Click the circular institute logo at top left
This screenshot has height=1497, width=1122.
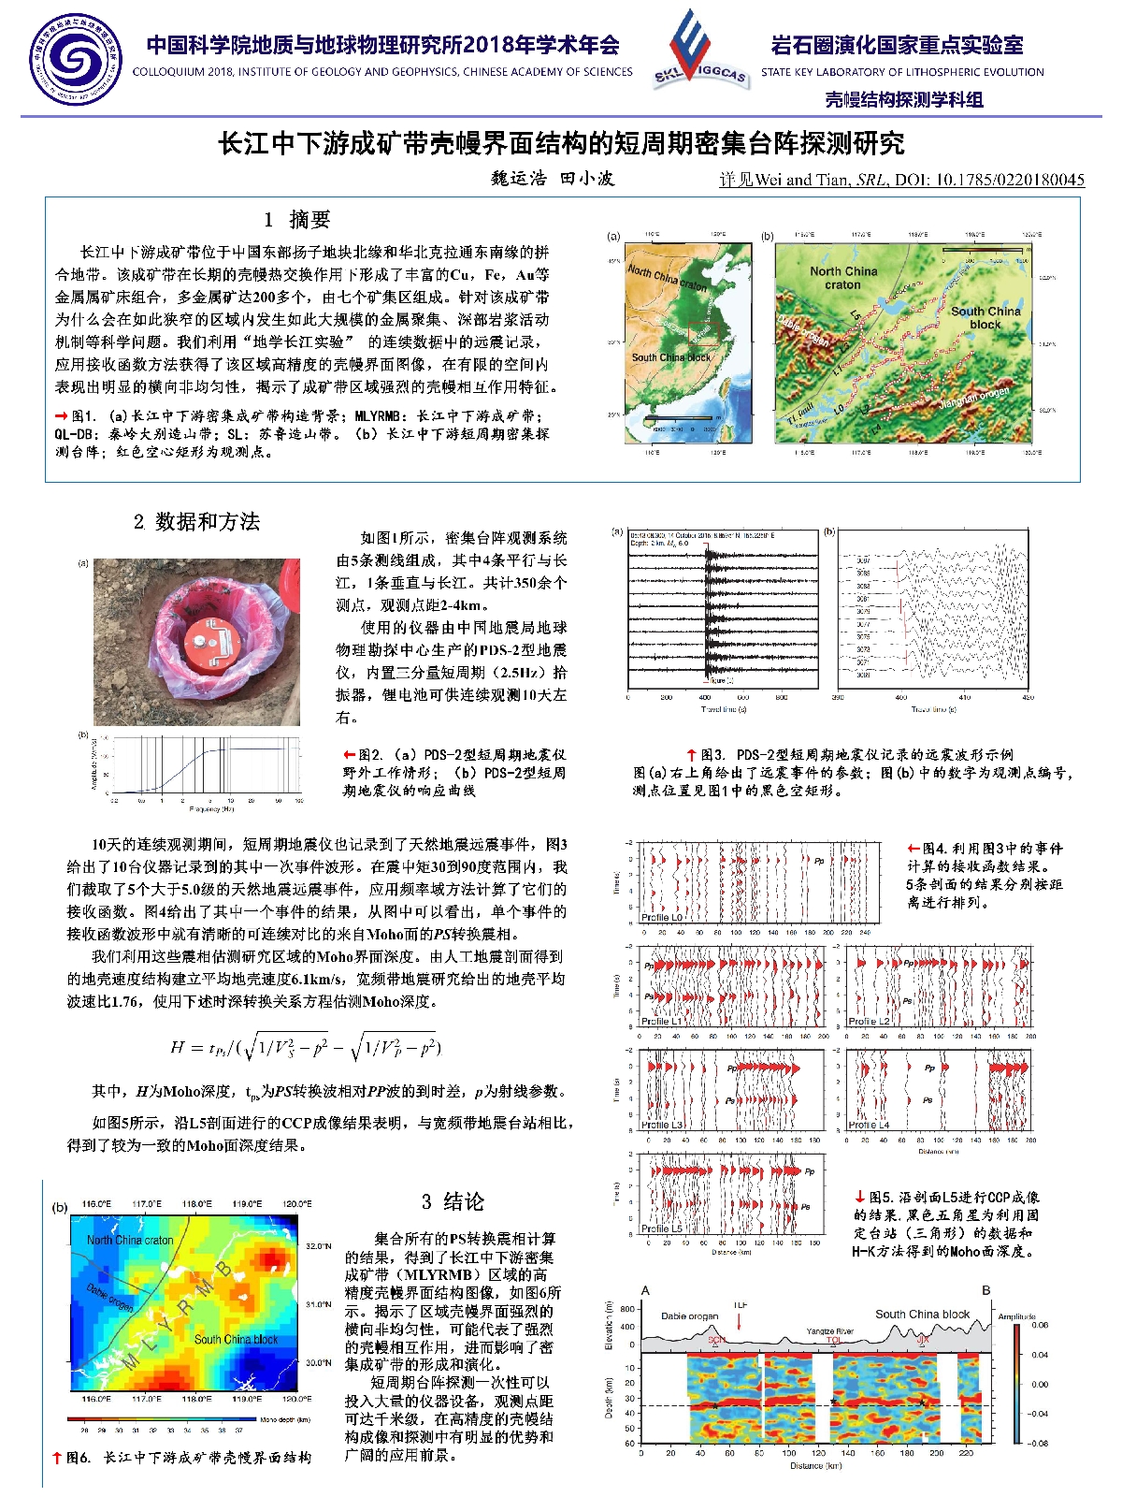(75, 59)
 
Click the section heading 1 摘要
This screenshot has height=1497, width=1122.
(297, 220)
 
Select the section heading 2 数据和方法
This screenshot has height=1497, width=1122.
(196, 522)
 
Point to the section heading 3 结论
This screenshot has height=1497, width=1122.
(453, 1202)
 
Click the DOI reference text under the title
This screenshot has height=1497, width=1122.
(901, 180)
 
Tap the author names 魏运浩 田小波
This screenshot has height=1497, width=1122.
(552, 179)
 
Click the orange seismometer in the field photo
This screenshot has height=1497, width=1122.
(212, 645)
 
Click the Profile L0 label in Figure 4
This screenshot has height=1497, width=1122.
(662, 918)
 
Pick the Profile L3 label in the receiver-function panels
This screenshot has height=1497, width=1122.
(662, 1125)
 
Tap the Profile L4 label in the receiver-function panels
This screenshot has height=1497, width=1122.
(869, 1125)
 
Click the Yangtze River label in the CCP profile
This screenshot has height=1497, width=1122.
(829, 1331)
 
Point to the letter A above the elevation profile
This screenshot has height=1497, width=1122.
(645, 1290)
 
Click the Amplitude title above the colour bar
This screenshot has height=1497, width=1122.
(1016, 1316)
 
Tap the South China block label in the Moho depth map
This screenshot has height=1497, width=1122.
(236, 1340)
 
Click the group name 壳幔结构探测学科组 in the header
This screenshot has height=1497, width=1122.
(903, 100)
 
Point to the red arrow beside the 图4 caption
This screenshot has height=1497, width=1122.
(913, 849)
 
